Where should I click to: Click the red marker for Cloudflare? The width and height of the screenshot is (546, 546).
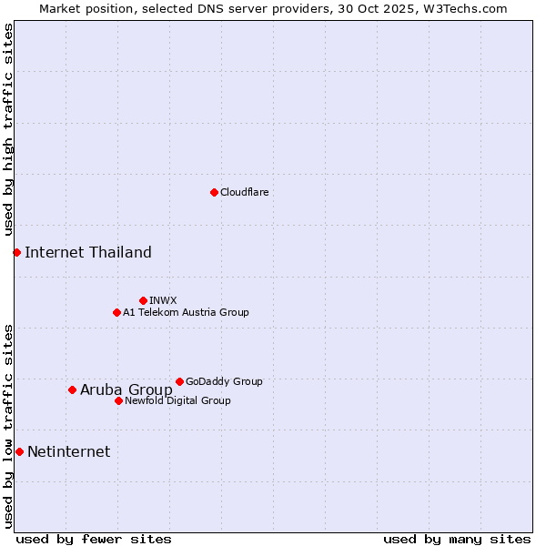pos(214,192)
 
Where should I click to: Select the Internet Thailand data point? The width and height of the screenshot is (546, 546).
pos(16,252)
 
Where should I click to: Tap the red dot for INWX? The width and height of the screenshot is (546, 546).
pos(143,300)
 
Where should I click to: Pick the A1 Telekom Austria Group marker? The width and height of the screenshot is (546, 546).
pos(116,312)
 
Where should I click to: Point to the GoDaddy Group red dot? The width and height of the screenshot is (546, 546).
pos(179,381)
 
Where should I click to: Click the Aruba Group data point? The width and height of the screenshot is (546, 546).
pos(72,389)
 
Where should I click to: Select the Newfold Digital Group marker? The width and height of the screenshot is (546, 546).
pos(118,400)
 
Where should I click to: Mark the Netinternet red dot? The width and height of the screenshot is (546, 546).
pos(19,451)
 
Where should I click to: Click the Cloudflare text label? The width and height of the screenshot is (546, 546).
pos(244,192)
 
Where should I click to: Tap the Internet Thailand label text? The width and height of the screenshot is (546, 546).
pos(88,252)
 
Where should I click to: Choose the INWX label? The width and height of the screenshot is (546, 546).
pos(163,300)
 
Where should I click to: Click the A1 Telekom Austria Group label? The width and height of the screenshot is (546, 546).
pos(186,312)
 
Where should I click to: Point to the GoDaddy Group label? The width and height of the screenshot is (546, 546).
pos(224,381)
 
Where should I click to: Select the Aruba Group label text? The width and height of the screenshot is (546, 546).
pos(126,389)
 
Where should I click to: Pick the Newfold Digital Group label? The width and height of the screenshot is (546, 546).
pos(177,400)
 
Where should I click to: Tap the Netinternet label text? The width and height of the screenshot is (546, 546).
pos(69,451)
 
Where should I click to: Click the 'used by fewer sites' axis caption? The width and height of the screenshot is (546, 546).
pos(94,539)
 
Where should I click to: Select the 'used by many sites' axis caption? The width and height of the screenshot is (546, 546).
pos(457,539)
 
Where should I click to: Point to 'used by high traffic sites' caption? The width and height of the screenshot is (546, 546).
pos(9,130)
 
